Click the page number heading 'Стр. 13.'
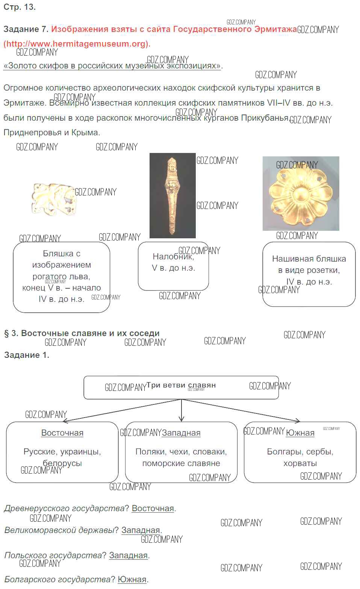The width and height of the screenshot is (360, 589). click(x=20, y=7)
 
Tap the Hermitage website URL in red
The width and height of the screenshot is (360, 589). click(x=77, y=44)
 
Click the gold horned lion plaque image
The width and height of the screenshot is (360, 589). click(x=53, y=199)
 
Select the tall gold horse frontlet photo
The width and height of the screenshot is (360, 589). click(x=172, y=195)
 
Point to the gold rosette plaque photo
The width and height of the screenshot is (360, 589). click(x=301, y=194)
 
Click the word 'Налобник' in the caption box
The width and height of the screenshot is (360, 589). click(x=173, y=256)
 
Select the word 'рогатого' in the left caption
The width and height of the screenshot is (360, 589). click(x=49, y=276)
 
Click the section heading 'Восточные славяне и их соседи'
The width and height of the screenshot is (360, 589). click(x=90, y=333)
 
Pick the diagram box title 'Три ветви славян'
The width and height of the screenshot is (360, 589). click(x=181, y=385)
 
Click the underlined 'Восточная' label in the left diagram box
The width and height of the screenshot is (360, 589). click(x=62, y=433)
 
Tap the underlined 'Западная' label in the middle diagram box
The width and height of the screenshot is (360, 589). click(x=181, y=433)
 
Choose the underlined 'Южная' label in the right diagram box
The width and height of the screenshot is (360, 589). click(x=300, y=433)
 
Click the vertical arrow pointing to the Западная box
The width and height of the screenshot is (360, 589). click(x=182, y=410)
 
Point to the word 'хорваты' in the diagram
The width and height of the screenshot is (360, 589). click(x=300, y=463)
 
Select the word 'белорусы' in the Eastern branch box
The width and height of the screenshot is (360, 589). click(x=62, y=463)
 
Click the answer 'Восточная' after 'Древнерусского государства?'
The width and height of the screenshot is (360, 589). click(x=153, y=508)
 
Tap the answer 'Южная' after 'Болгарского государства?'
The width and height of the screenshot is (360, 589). click(x=132, y=579)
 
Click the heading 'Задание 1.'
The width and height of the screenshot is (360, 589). click(x=27, y=355)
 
